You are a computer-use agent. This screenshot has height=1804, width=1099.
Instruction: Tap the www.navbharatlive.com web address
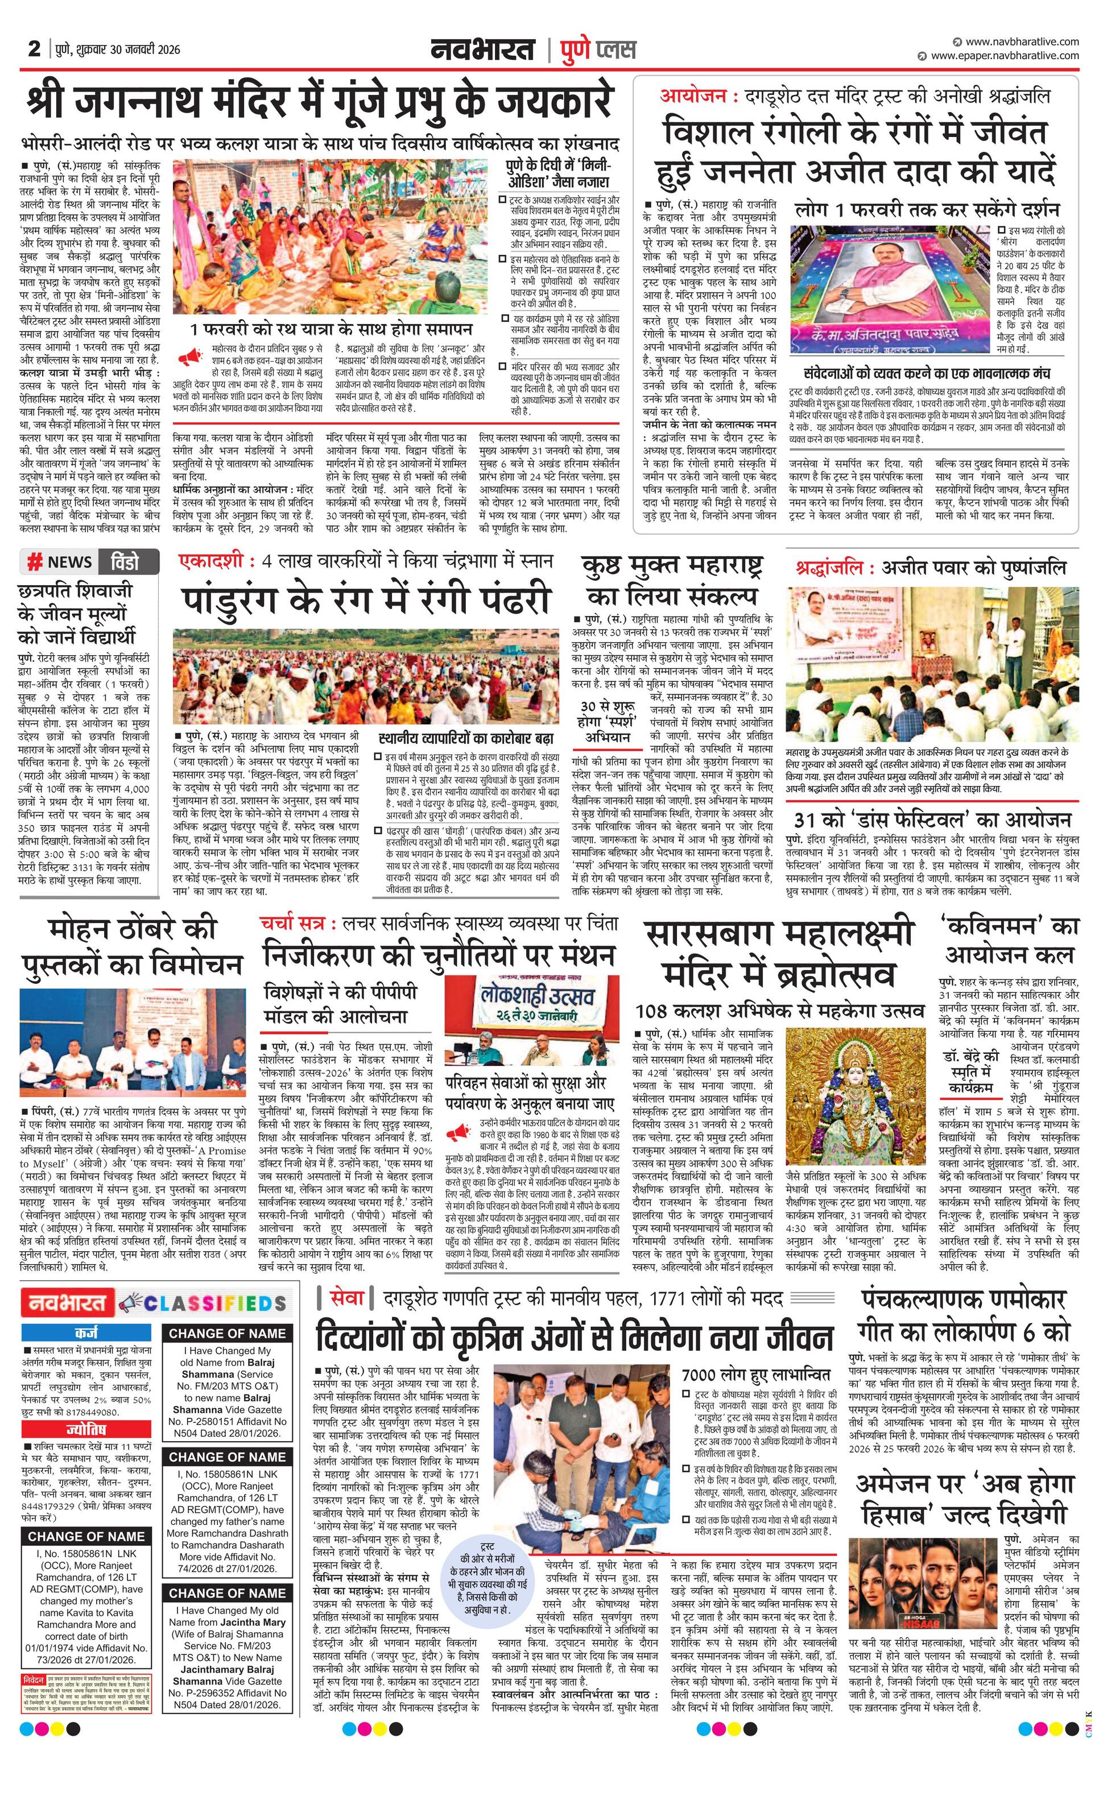(1022, 42)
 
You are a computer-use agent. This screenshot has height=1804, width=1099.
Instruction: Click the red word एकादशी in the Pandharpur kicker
(212, 561)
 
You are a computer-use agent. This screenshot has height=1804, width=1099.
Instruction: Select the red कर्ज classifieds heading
(86, 1333)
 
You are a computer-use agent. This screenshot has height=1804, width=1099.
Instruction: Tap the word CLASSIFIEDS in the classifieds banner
(214, 1303)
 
